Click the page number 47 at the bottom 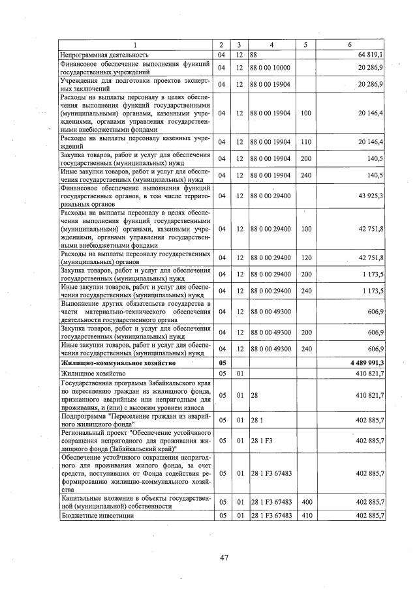coord(223,557)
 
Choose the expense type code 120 coord(305,258)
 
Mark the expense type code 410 coord(305,515)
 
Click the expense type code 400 coord(305,502)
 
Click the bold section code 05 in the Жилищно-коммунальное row coord(223,362)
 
